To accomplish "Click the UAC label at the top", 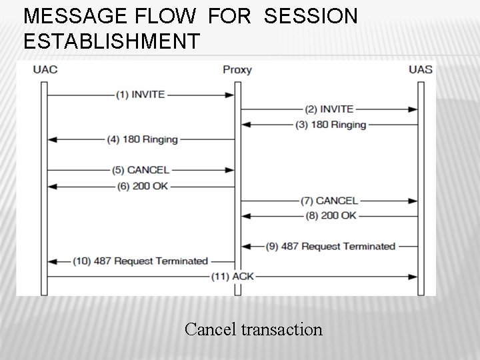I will pos(44,69).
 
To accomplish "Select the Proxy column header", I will pos(237,69).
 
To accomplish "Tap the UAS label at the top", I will pos(420,69).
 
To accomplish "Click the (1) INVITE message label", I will pos(140,95).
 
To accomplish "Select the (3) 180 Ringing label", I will pos(331,124).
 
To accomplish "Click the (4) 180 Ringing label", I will pos(142,139).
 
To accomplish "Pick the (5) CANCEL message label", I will pos(141,170).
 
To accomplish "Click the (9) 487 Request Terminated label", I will pos(330,246).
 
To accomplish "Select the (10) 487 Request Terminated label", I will pos(141,261).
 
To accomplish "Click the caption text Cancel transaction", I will pos(253,329).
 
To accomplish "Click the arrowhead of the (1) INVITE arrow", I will pos(230,95).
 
